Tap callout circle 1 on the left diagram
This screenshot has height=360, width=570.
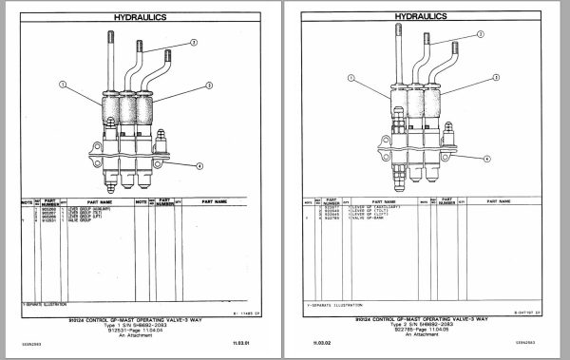[64, 85]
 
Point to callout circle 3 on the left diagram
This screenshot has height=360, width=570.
[194, 43]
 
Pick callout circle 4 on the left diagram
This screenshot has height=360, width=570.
[199, 165]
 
